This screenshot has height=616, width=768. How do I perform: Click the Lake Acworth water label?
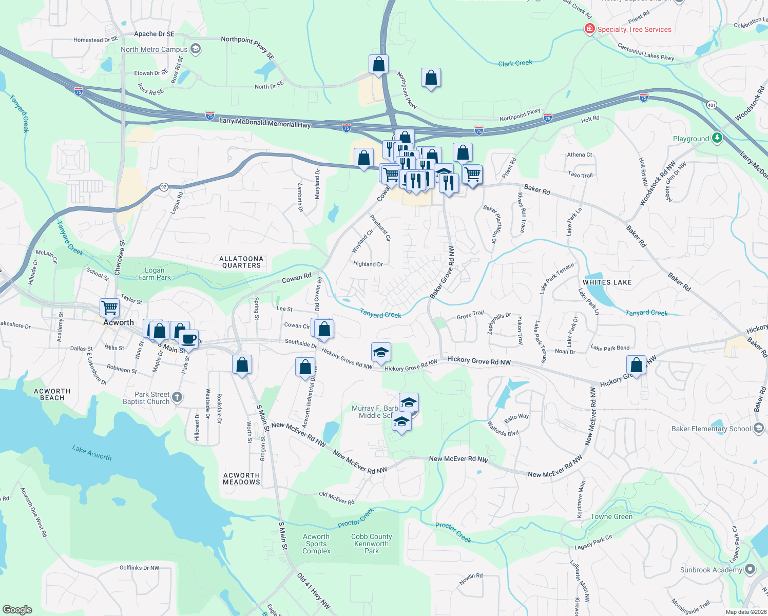pos(91,453)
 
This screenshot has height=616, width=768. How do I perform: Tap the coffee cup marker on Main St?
pos(188,339)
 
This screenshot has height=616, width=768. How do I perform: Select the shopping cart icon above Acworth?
pos(109,307)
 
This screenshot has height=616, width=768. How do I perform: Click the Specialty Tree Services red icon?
pos(590,29)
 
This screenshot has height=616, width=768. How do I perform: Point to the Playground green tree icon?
pos(717,138)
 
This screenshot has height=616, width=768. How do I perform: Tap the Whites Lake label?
pos(607,282)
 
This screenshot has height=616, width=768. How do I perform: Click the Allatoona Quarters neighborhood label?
pos(241,262)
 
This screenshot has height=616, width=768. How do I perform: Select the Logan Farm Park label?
pos(155,274)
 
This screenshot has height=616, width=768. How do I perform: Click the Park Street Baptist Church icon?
pos(177,397)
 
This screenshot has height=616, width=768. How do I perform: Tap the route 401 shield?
pos(711,105)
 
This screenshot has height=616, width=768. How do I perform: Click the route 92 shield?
pos(164,187)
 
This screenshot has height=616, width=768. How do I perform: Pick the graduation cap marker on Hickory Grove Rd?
pos(380,353)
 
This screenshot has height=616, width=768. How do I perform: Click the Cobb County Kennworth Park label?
pos(371,544)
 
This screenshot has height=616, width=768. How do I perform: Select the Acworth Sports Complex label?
pos(316,544)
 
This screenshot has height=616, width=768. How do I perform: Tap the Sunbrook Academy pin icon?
pos(750,569)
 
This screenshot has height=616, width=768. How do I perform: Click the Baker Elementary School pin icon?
pos(759,428)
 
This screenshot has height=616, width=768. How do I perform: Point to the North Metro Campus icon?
pos(195,49)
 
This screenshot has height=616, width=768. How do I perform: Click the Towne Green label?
pos(611,516)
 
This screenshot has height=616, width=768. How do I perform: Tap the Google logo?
pos(17,609)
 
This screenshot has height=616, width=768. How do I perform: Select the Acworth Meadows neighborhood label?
pos(241,478)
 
